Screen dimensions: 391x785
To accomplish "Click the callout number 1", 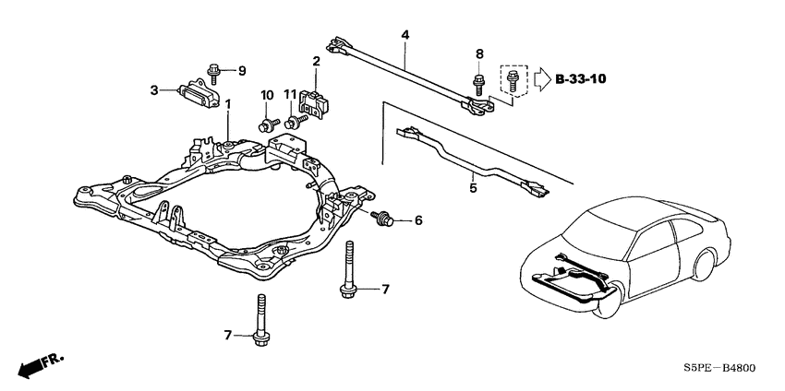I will (x=228, y=104).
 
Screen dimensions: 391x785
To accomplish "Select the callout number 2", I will (x=316, y=61).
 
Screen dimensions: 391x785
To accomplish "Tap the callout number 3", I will (x=155, y=89).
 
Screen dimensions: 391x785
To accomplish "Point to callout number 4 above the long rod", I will (x=404, y=36).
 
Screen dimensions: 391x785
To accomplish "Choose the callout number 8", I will (x=479, y=54).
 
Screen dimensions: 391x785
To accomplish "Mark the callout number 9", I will (x=243, y=70).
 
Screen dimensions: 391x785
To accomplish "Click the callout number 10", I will (x=268, y=96).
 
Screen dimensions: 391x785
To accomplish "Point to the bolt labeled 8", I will (x=479, y=82).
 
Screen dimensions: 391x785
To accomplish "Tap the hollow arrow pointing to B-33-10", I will (x=541, y=80).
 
